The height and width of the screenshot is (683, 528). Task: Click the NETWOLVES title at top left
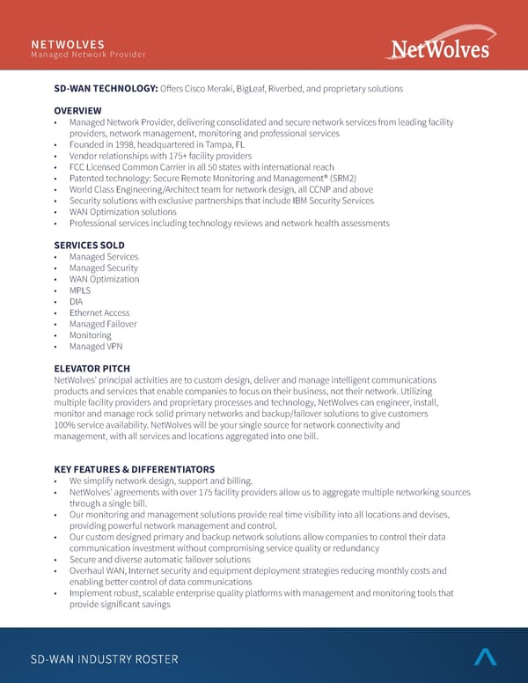[x=68, y=44]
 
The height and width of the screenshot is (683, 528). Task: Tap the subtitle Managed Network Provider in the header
[x=88, y=55]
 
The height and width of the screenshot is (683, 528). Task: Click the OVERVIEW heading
[x=77, y=110]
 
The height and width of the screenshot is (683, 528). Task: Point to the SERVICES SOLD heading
[x=89, y=246]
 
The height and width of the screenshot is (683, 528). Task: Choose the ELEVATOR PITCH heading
[x=92, y=369]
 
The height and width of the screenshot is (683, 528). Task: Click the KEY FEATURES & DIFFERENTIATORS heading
[x=134, y=469]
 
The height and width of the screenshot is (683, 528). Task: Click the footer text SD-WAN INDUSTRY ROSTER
[x=104, y=659]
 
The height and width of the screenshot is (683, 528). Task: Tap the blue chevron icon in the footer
[x=485, y=657]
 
